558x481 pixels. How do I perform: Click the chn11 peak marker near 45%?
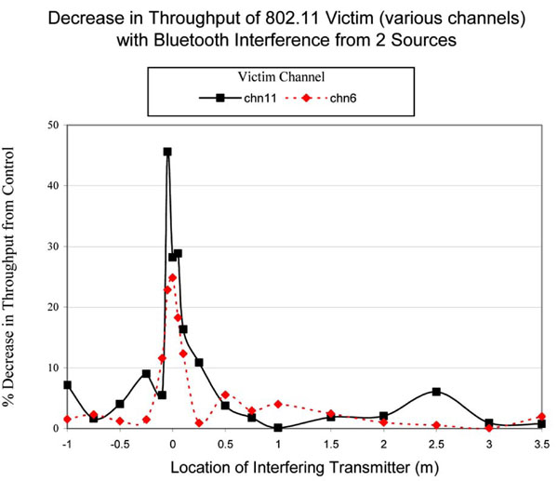coord(167,152)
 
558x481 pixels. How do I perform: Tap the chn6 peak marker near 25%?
coord(172,277)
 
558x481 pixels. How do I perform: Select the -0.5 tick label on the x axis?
coord(118,442)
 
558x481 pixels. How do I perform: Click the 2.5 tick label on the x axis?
coord(436,442)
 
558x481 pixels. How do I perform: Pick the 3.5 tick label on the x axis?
coord(541,442)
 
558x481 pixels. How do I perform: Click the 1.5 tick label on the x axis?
coord(330,442)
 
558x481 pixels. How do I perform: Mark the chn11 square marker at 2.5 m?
coord(436,392)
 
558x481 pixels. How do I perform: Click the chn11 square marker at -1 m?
coord(67,384)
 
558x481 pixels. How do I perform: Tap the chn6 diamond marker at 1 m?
coord(277,404)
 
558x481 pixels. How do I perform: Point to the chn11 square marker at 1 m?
coord(277,428)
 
